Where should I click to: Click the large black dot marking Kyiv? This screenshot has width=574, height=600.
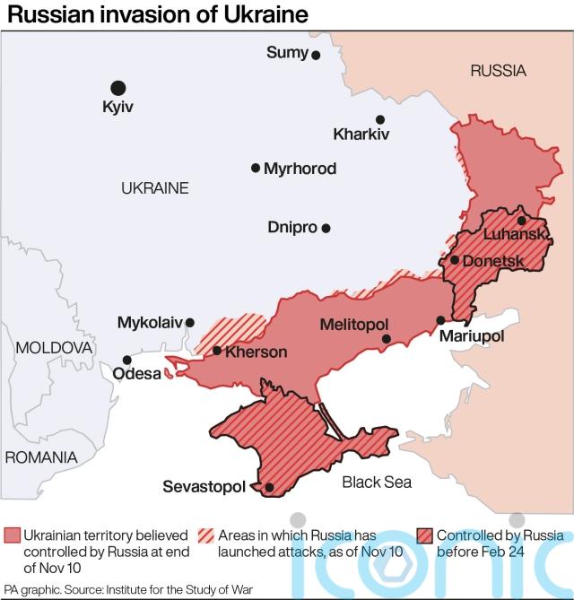coord(117,87)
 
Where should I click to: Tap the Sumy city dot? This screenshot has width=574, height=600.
coord(316,55)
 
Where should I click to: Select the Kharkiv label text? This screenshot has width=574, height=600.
coord(361,135)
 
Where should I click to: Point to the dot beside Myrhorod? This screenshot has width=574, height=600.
coord(256,168)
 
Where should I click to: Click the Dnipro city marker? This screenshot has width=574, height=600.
coord(326,228)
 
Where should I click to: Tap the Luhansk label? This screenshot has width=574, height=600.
coord(515,235)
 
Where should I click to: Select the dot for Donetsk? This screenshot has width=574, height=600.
coord(455,260)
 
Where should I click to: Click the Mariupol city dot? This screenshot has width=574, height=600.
coord(440,320)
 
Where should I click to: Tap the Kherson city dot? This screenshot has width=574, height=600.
coord(216,351)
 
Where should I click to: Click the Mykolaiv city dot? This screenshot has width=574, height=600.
coord(189,321)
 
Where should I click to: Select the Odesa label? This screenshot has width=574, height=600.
coord(135,374)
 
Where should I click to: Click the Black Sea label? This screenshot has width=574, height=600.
coord(377,483)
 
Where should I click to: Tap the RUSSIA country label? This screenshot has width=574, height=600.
coord(498,71)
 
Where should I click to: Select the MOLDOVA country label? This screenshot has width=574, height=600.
coord(55,347)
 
